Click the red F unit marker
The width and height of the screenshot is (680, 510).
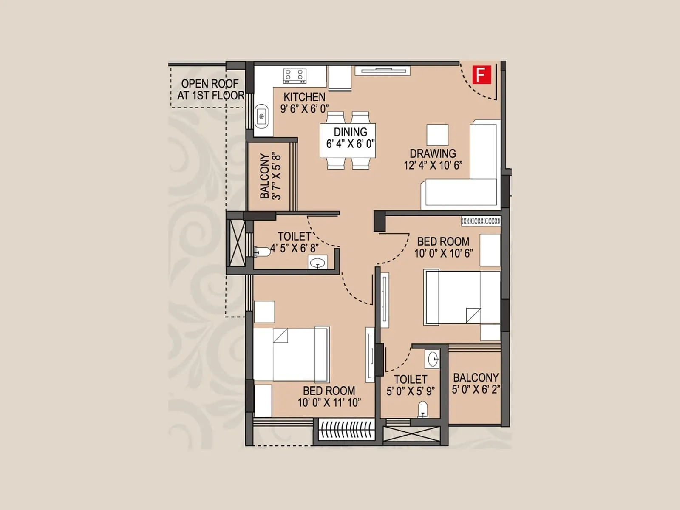pos(481,74)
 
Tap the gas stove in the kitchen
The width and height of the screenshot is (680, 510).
pos(295,76)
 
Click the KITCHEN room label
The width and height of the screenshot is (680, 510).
pos(304,97)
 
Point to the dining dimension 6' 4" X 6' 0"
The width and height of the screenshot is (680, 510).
pos(350,144)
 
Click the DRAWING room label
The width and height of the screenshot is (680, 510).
pos(433,153)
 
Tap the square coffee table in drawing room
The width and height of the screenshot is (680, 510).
pos(438,135)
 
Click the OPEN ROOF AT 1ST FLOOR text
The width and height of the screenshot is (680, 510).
pos(210,89)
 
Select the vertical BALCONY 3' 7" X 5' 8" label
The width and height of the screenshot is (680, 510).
pos(270,176)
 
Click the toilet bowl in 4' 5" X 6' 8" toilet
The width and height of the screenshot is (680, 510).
pos(263,252)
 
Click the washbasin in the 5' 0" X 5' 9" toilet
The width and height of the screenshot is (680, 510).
pos(433,359)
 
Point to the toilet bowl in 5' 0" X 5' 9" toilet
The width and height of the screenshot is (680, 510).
pos(422,409)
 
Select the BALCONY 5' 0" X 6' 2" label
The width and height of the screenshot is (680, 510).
pos(476,383)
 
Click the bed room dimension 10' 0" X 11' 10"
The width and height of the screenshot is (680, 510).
pos(329,402)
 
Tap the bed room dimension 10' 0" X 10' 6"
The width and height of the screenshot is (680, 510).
pos(443,253)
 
